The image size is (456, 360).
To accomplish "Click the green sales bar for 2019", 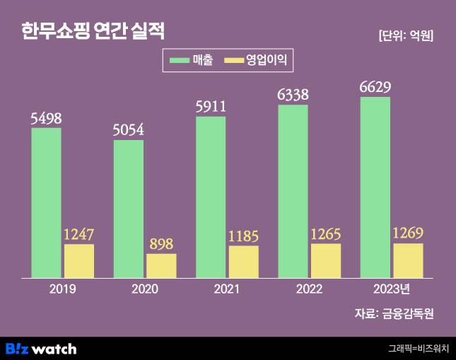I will (46, 202).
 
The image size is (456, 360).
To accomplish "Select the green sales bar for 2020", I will (129, 209).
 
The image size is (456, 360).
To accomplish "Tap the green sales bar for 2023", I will (375, 187).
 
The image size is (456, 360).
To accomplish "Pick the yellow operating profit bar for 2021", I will (244, 262).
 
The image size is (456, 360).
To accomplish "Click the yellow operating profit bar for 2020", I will (161, 266).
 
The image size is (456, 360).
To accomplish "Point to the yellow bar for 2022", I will (326, 260).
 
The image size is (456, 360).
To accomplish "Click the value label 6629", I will (375, 88).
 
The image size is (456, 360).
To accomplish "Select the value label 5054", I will (129, 130).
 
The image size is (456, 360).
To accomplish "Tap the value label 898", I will (161, 244).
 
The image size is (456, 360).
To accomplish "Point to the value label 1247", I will (79, 234).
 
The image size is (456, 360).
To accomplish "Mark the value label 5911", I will (211, 108).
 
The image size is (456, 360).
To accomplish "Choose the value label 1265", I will (326, 233).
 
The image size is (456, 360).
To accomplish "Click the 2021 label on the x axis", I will (228, 289).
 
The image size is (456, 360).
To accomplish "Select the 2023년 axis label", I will (392, 289).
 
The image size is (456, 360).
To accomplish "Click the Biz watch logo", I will (41, 348).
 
